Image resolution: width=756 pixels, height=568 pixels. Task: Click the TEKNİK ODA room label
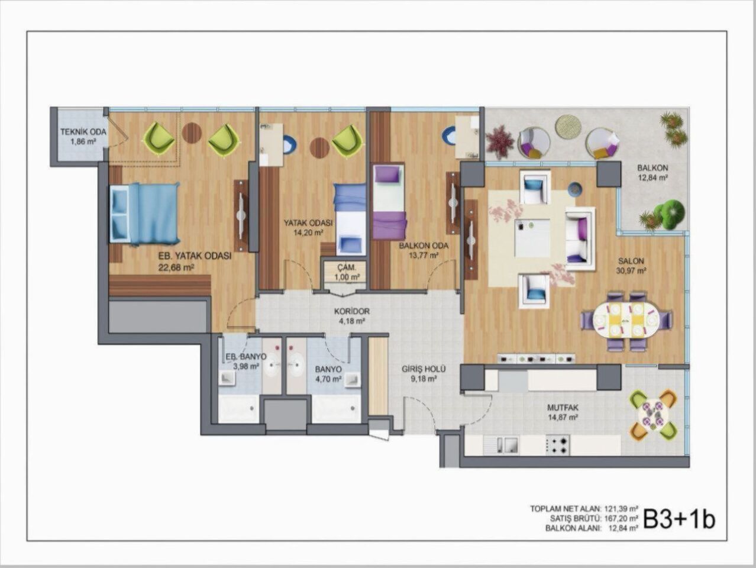click(x=83, y=132)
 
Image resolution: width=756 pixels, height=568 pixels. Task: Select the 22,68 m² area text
click(x=176, y=267)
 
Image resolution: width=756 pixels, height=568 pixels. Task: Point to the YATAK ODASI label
click(x=308, y=223)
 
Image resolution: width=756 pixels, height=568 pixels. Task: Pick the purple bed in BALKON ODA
click(x=389, y=202)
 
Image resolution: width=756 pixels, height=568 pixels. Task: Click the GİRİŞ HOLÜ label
click(x=423, y=369)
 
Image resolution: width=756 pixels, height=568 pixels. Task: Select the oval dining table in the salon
click(x=626, y=320)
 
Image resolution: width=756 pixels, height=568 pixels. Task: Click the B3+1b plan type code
click(x=679, y=518)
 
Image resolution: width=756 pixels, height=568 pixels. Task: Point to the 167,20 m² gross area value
click(x=621, y=518)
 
